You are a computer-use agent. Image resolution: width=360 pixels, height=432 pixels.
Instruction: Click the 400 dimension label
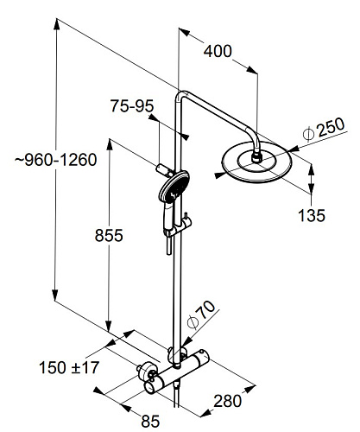[218, 51]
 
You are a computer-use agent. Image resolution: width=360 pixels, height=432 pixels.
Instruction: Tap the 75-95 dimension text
[132, 106]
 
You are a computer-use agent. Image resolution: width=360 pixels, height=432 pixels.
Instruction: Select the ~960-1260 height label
[56, 160]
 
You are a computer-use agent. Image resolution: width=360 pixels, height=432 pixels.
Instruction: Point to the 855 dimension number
[109, 235]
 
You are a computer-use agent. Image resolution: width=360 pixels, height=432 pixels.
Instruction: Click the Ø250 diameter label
[324, 129]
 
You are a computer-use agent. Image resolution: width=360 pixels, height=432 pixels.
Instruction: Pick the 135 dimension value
[312, 215]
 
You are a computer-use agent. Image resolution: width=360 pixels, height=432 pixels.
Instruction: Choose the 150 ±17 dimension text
[69, 368]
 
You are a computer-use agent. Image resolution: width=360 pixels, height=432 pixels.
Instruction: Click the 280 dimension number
[227, 401]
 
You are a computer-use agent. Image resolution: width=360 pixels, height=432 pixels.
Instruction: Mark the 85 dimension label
[150, 422]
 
